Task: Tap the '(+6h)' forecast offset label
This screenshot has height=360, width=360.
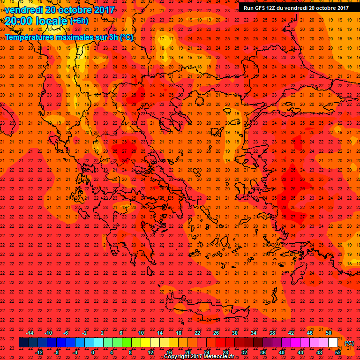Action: click(78, 21)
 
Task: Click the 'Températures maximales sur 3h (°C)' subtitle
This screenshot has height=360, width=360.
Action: click(68, 37)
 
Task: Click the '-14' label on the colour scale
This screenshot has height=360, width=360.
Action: click(30, 333)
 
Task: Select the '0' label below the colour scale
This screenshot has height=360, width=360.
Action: click(93, 352)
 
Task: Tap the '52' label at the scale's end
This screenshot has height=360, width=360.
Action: click(338, 352)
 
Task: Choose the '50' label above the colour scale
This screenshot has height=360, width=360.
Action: click(329, 333)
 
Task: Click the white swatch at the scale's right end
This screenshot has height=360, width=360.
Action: click(333, 343)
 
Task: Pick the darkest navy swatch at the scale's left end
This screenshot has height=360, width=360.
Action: click(23, 343)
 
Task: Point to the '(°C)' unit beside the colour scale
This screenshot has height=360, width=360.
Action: click(349, 343)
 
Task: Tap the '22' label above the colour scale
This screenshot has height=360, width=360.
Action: click(197, 333)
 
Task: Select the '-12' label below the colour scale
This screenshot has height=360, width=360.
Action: click(39, 352)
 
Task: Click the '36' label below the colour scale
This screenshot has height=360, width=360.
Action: click(263, 352)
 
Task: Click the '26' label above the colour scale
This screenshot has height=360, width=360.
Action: click(216, 333)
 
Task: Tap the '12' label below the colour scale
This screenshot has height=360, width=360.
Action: click(150, 352)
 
